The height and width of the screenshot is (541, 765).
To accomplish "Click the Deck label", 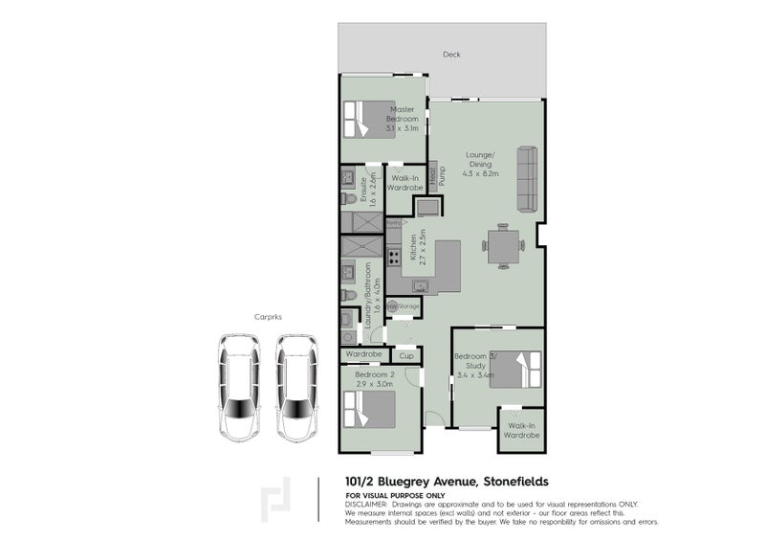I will click(451, 55).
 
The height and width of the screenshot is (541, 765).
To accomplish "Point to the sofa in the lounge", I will click(527, 178).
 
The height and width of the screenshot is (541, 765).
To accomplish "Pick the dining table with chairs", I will click(502, 245).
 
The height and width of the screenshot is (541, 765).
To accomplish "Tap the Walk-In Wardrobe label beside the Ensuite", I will click(405, 183).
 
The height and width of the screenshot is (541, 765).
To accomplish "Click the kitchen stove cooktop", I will click(393, 256).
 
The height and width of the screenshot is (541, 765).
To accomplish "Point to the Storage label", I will click(409, 305).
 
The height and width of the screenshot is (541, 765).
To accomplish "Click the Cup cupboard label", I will click(405, 355).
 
